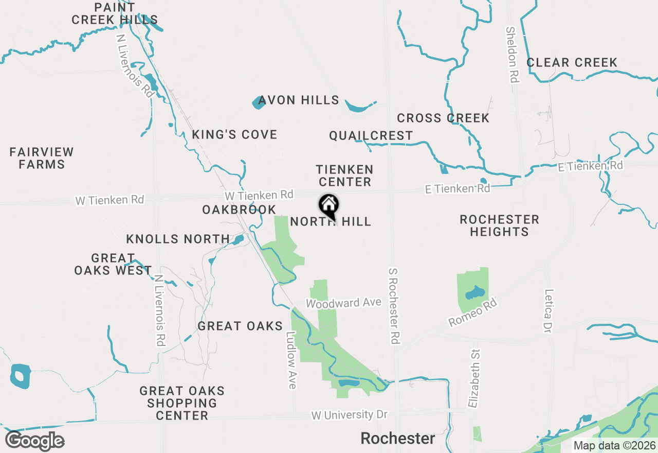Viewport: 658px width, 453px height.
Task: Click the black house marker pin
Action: point(329,206)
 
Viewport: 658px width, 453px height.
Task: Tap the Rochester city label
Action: point(397,439)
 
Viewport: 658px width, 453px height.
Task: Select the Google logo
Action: point(34,441)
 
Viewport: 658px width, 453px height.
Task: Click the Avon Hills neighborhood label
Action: point(299,100)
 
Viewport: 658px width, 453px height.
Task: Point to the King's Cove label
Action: point(234,135)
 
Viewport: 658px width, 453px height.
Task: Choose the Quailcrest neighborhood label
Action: point(371,136)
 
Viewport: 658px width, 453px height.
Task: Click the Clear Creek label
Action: point(572,63)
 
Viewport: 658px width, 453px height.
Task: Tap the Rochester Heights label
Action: point(499,225)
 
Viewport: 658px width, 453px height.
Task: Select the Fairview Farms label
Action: point(42,158)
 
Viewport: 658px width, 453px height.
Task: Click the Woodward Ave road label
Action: point(343,303)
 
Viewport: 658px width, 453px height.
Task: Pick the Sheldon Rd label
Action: point(512,55)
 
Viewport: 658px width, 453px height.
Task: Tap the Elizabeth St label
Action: point(474,378)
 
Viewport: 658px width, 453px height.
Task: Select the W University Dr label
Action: point(349,415)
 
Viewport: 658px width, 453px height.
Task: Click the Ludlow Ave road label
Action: point(291,359)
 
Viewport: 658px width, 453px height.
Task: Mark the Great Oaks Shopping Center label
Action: point(181,403)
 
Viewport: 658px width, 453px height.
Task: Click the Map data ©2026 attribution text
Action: point(614,445)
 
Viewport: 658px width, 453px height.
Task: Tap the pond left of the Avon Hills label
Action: point(258,103)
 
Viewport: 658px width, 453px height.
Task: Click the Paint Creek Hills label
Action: point(115,14)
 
